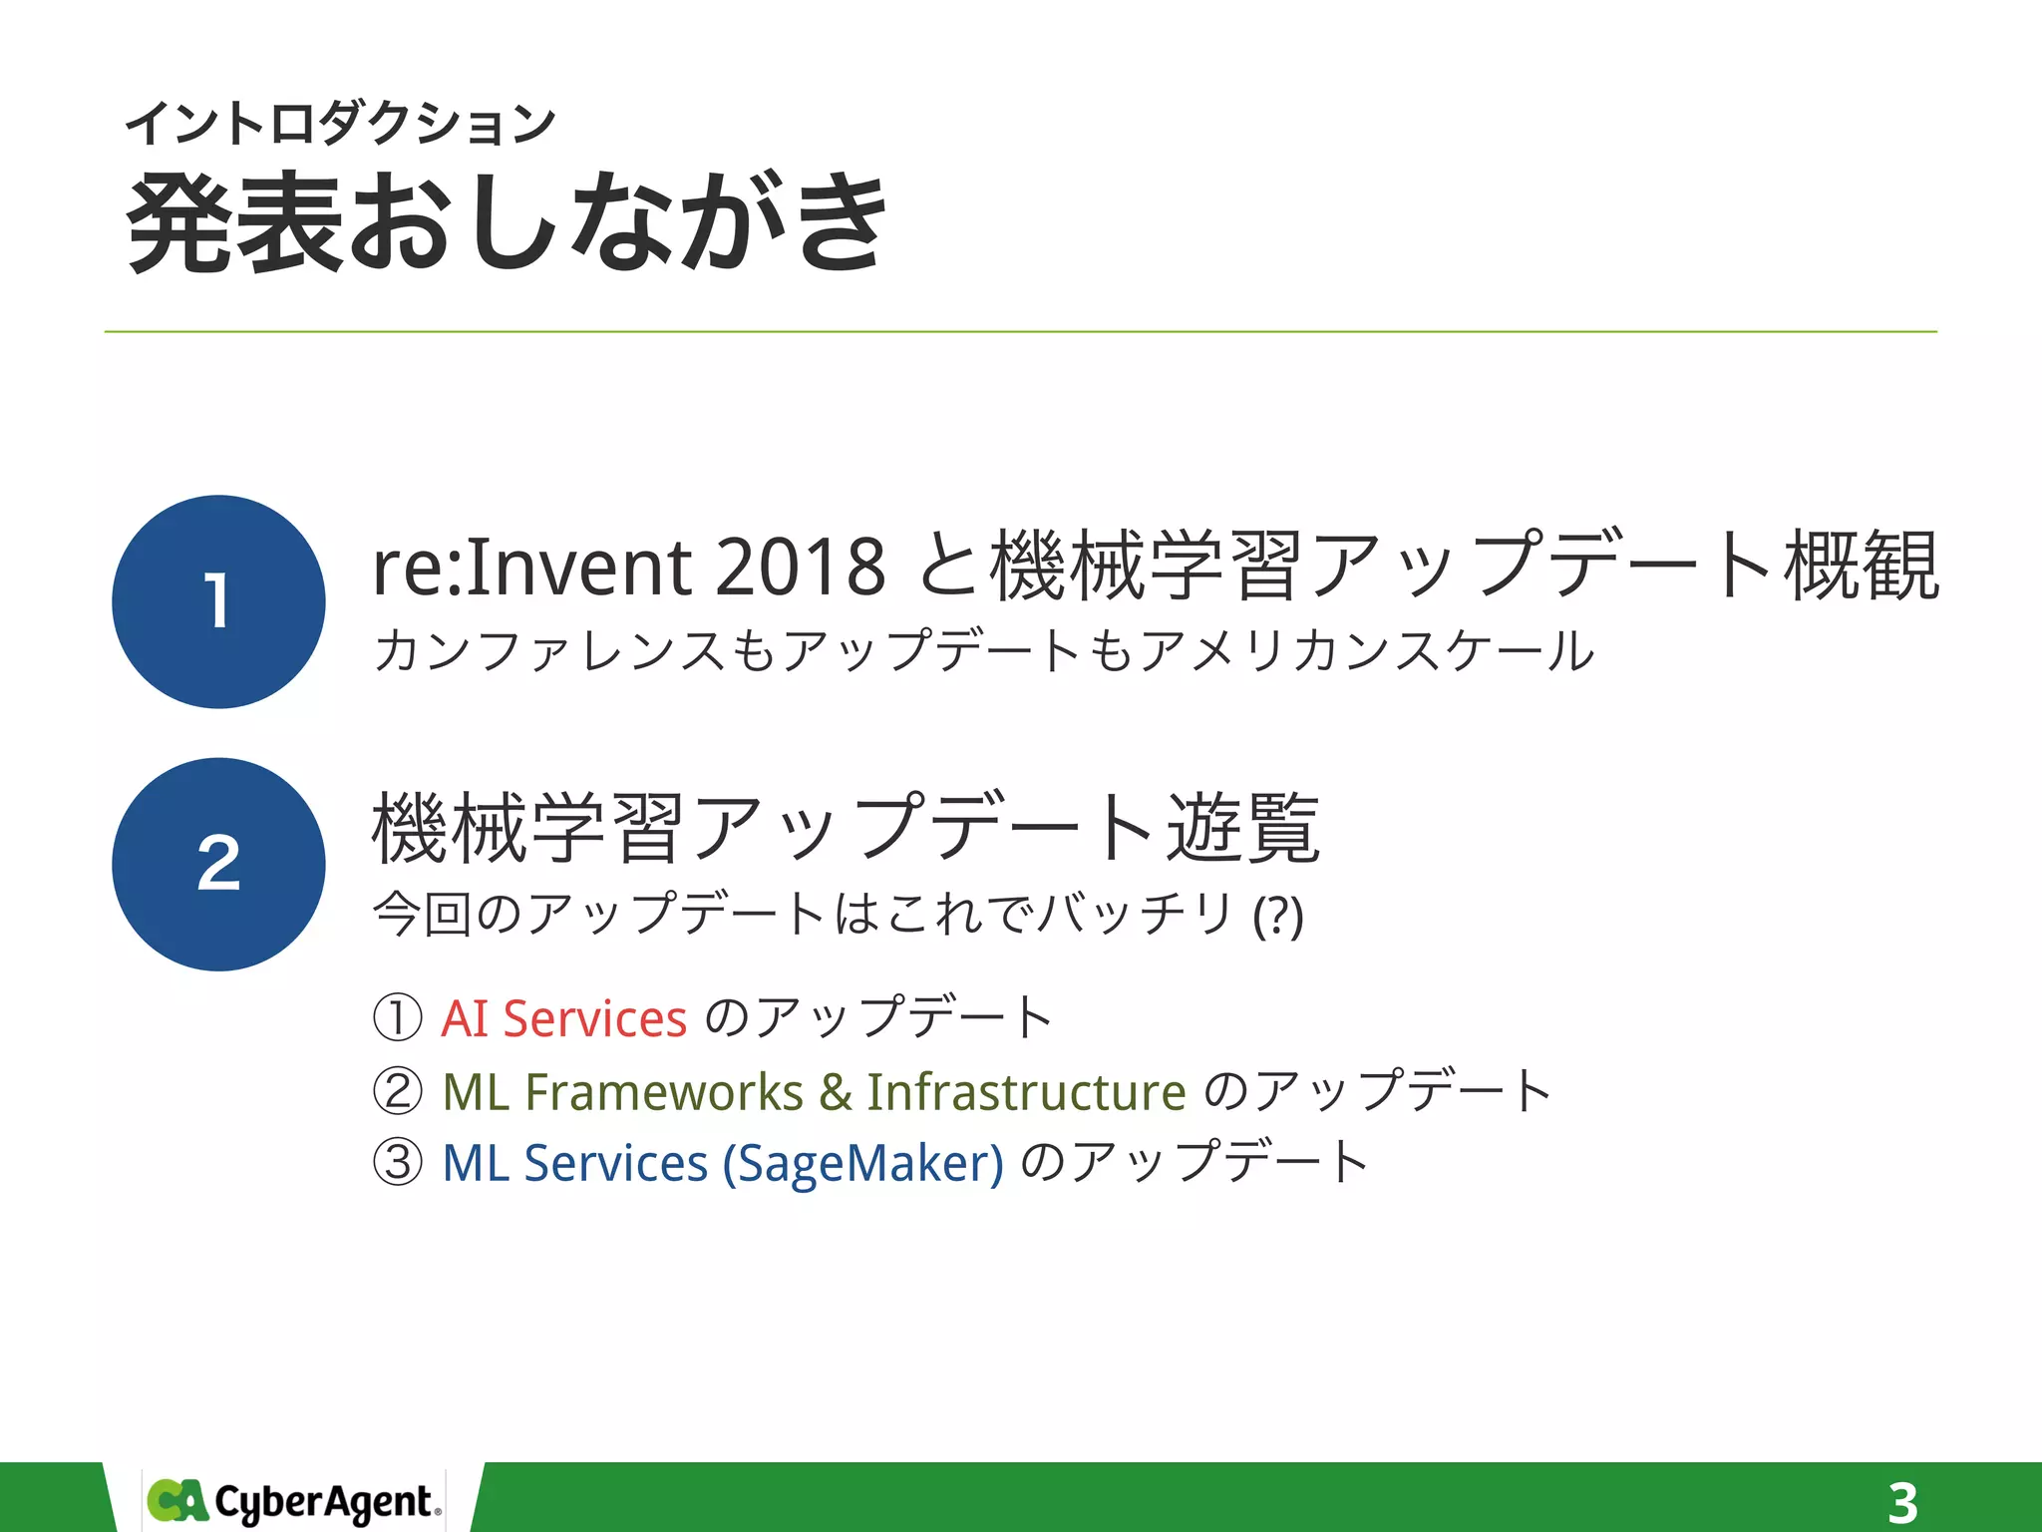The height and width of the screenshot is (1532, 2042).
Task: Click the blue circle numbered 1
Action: point(218,601)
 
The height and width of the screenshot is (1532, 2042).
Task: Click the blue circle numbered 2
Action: point(218,864)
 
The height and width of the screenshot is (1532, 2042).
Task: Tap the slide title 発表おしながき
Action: point(507,221)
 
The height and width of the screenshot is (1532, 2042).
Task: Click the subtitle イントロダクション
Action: point(340,125)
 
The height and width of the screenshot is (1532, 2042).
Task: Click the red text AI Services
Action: point(564,1018)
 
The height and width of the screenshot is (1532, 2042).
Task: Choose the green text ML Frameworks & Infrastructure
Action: point(814,1091)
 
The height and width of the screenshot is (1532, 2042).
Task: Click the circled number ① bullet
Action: point(398,1018)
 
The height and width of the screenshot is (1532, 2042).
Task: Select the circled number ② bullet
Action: point(398,1091)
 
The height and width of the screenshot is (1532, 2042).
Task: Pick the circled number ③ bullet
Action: point(398,1163)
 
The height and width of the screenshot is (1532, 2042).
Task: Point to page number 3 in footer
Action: point(1902,1502)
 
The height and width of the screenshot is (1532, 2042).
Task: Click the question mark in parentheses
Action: point(1278,915)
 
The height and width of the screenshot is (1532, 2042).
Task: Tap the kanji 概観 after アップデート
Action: point(1862,567)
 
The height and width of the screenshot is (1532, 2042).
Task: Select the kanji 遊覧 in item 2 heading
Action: point(1243,828)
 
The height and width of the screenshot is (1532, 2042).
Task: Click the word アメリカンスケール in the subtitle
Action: point(1366,650)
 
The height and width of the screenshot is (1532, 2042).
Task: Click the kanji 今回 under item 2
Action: point(422,914)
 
